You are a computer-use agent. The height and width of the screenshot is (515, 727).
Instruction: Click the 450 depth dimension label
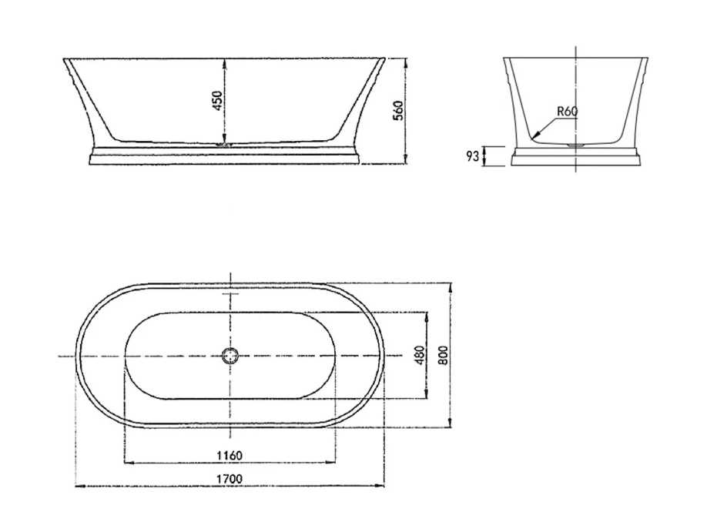217,101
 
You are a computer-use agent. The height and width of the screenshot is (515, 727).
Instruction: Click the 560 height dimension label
399,110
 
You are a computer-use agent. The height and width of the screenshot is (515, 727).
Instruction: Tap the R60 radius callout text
567,112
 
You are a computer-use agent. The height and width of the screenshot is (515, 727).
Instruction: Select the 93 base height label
472,156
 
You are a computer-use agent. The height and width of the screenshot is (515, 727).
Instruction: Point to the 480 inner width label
420,355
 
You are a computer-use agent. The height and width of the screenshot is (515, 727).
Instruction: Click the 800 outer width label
444,355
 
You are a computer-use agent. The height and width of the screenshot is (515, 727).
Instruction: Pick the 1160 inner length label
229,456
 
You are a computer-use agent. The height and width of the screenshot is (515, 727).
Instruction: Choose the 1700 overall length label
229,479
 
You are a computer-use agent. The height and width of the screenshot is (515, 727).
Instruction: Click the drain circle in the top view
230,356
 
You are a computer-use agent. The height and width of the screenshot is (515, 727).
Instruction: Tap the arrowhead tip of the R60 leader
531,139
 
